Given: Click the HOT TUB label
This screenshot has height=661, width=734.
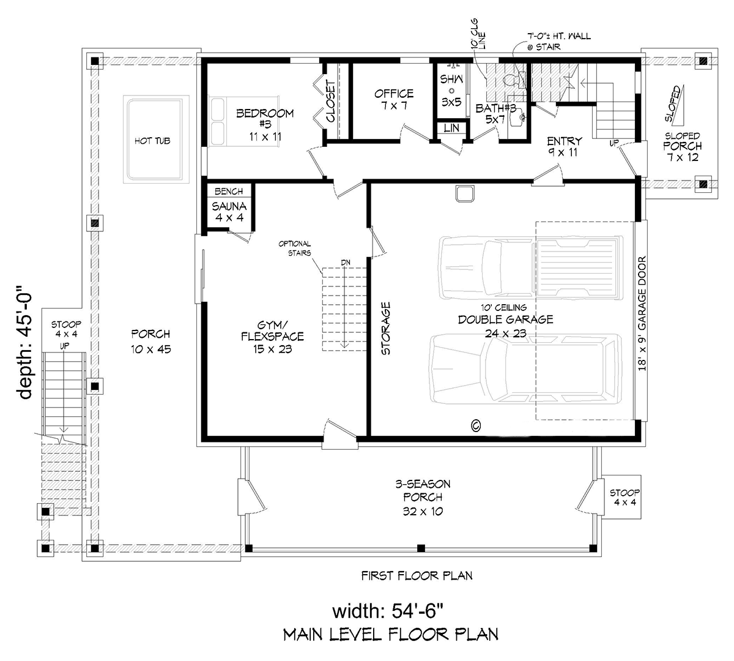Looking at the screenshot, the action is click(152, 141).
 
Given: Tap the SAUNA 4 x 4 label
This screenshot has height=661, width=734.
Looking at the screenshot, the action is click(229, 212).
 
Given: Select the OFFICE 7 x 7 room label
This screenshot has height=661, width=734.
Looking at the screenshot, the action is click(394, 100).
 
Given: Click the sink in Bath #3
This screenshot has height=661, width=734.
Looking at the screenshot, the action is click(519, 117).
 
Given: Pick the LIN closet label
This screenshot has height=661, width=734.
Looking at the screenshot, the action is click(451, 128).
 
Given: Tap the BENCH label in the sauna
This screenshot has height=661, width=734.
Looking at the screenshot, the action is click(229, 191).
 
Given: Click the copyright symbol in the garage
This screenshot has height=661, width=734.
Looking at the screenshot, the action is click(476, 425).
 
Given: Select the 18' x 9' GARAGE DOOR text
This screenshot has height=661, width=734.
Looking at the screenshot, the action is click(642, 313).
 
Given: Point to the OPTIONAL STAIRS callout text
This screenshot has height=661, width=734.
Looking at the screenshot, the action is click(295, 248).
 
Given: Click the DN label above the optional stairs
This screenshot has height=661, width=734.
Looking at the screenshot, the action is click(346, 263).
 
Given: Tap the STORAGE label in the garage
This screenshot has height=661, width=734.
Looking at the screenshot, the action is click(386, 328).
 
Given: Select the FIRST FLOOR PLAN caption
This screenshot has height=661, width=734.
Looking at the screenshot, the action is click(417, 576).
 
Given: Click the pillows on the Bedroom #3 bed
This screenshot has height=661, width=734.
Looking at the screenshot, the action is click(218, 122).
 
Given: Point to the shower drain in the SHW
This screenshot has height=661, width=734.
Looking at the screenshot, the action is click(451, 91).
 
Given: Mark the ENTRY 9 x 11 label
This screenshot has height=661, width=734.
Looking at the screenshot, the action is click(564, 146).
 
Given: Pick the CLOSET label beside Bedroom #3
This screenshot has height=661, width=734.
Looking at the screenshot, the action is click(330, 102).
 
